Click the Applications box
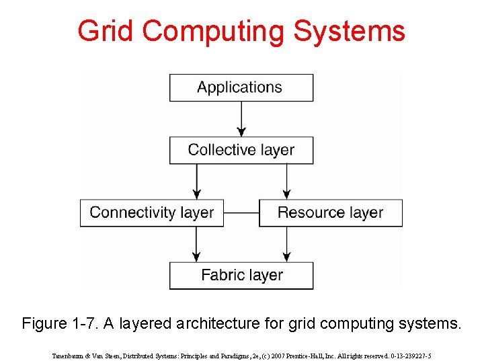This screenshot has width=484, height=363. pyautogui.click(x=241, y=87)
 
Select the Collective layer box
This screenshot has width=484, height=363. pyautogui.click(x=241, y=150)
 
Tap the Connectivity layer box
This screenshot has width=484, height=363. pyautogui.click(x=152, y=212)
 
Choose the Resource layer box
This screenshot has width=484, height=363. pyautogui.click(x=330, y=212)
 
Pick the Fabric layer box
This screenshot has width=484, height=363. pyautogui.click(x=241, y=275)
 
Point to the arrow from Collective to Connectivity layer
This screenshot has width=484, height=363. pyautogui.click(x=196, y=181)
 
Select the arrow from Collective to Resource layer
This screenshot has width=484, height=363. pyautogui.click(x=286, y=181)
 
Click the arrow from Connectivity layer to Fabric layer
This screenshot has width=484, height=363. pyautogui.click(x=196, y=243)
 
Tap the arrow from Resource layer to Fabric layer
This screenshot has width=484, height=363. pyautogui.click(x=286, y=243)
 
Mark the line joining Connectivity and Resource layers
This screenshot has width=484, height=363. pyautogui.click(x=241, y=212)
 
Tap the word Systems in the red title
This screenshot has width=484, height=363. pyautogui.click(x=360, y=31)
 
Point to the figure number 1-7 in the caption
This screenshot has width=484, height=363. pyautogui.click(x=84, y=323)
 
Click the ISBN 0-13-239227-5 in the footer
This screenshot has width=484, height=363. pyautogui.click(x=405, y=356)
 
